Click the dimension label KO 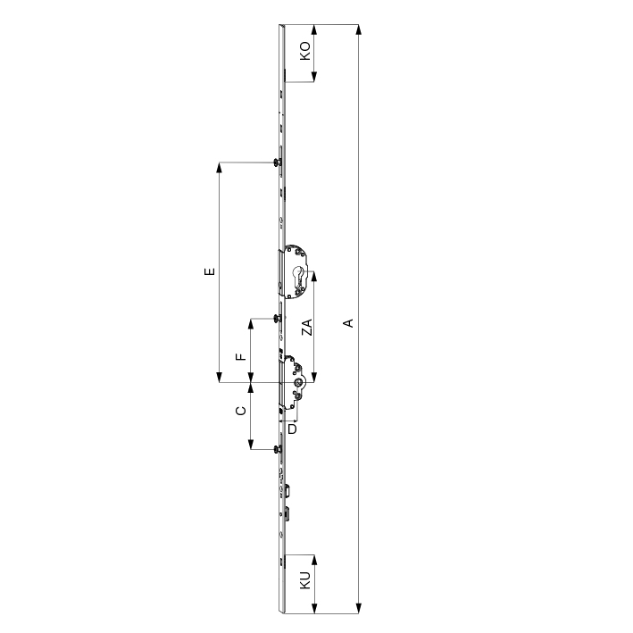point(305,51)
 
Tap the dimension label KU point(305,580)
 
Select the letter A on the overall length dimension point(348,323)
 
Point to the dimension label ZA point(308,327)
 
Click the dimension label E point(210,271)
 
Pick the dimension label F point(240,356)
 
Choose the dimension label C point(240,411)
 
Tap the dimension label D point(292,429)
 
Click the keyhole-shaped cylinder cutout point(298,274)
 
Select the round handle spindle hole point(298,382)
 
